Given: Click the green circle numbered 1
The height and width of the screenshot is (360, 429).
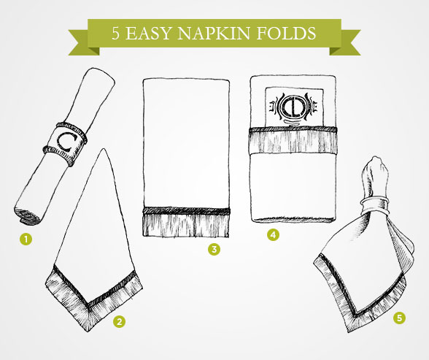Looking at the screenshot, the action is pyautogui.click(x=26, y=240).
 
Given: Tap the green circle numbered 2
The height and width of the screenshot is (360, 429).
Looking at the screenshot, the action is pyautogui.click(x=119, y=321).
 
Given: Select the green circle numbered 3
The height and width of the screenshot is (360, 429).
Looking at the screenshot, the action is pyautogui.click(x=214, y=249).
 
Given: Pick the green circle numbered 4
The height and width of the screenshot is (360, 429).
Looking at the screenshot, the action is pyautogui.click(x=273, y=234).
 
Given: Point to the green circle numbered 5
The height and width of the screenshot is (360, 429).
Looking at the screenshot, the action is pyautogui.click(x=399, y=318).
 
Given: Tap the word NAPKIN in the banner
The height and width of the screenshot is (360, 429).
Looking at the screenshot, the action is pyautogui.click(x=213, y=34).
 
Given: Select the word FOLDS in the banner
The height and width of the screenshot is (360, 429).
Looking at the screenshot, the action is pyautogui.click(x=286, y=34).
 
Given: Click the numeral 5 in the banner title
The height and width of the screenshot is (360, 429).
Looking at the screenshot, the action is pyautogui.click(x=115, y=34).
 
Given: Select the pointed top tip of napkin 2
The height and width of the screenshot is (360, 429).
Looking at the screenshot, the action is pyautogui.click(x=104, y=149).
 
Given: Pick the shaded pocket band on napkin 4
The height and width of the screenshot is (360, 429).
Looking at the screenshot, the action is pyautogui.click(x=293, y=140).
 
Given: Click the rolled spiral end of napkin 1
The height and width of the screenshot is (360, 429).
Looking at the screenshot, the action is pyautogui.click(x=27, y=215).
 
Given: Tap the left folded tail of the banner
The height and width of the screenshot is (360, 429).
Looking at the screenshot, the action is pyautogui.click(x=81, y=42).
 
